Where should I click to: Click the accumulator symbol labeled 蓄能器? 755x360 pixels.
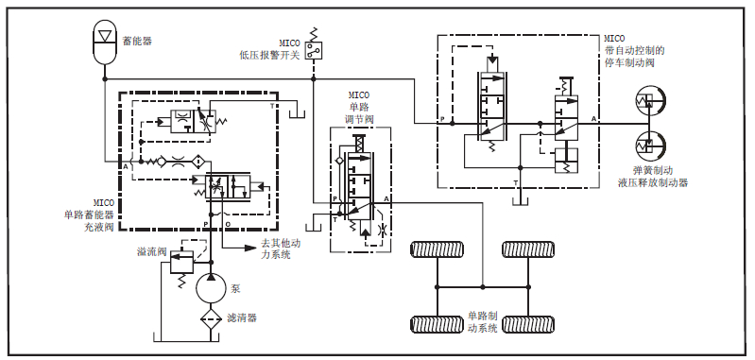[x=105, y=42]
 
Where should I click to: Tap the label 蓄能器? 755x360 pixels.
[x=137, y=42]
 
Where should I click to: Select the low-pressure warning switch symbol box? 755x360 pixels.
[x=314, y=50]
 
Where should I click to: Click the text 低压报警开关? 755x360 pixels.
[x=270, y=56]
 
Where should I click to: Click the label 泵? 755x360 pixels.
[x=235, y=289]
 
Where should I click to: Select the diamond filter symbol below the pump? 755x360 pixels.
[x=211, y=319]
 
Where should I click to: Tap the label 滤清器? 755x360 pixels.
[x=242, y=318]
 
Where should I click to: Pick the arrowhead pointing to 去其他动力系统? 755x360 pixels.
[x=249, y=248]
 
